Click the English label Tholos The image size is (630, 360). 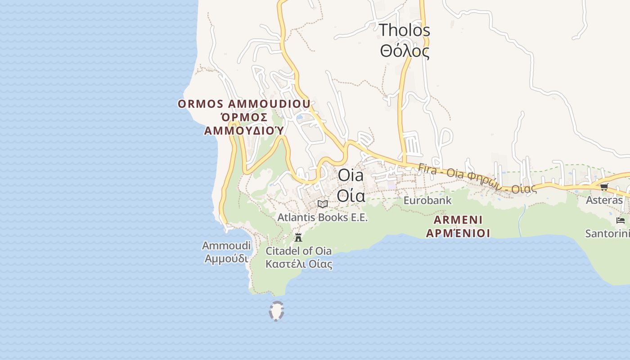[x=405, y=31]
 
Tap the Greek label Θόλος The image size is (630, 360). [x=405, y=51]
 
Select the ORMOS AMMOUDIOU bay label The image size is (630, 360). [x=244, y=104]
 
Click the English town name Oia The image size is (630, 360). [x=351, y=175]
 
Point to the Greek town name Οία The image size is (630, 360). [x=351, y=196]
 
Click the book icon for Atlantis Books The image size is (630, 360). [x=322, y=204]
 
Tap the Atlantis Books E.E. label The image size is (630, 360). [x=322, y=217]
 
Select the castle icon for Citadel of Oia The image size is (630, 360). [x=298, y=237]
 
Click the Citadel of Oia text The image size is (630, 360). [x=298, y=251]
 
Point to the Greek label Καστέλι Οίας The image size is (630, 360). [x=299, y=264]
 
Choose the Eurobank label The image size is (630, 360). [x=427, y=200]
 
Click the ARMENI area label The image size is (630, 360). [x=458, y=220]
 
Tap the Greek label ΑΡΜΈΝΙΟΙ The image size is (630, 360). [x=458, y=233]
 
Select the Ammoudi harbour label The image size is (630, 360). [x=226, y=246]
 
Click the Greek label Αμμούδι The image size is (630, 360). [x=226, y=259]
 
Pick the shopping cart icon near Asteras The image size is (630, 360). [x=604, y=187]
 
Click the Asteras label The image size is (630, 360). [x=604, y=200]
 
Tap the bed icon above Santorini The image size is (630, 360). [x=621, y=220]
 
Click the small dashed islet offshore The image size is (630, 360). [x=276, y=311]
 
